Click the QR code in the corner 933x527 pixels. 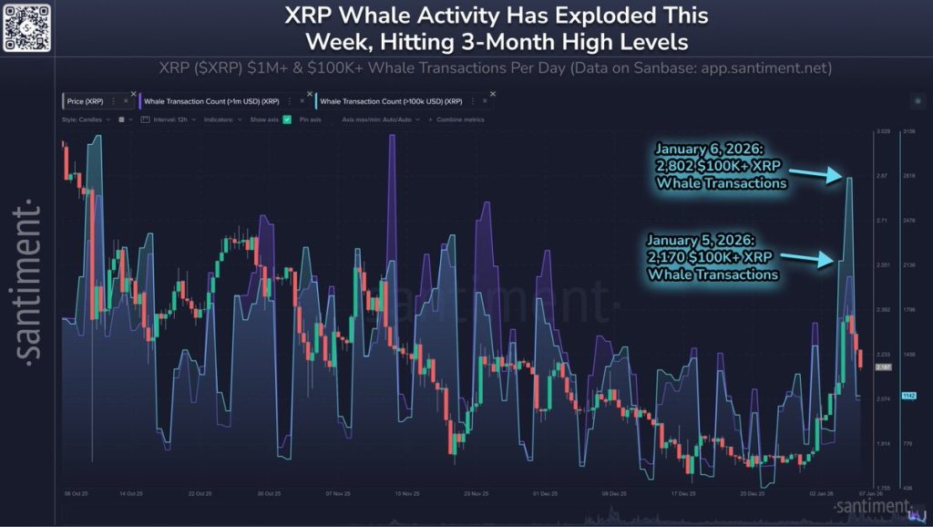(x=26, y=27)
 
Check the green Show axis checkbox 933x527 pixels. (x=287, y=119)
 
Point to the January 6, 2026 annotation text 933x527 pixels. (x=721, y=165)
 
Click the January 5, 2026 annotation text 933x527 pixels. (x=713, y=256)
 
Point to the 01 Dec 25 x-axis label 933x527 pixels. (x=545, y=493)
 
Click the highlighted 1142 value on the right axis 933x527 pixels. (x=907, y=396)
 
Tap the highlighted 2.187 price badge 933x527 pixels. (x=882, y=367)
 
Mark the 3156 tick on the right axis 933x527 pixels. (x=908, y=132)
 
